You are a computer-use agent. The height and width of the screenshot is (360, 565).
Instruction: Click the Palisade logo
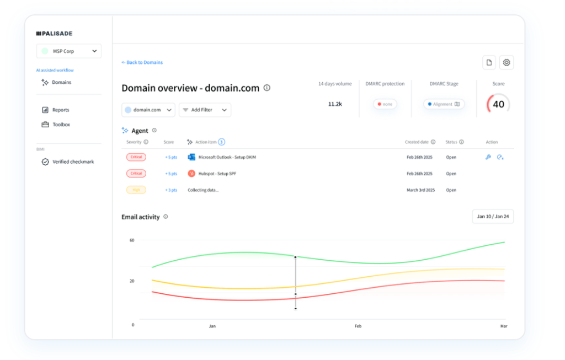[x=54, y=34]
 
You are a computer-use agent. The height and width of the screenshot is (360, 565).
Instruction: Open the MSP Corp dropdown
[x=69, y=51]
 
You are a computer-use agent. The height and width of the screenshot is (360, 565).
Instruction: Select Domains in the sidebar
[x=61, y=82]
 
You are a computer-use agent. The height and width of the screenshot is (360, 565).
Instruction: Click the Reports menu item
[x=60, y=110]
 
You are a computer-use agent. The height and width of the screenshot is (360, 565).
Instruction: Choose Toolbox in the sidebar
[x=61, y=125]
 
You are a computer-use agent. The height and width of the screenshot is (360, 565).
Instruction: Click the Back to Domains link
[x=142, y=63]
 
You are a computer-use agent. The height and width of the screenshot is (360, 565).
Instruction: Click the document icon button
[x=489, y=62]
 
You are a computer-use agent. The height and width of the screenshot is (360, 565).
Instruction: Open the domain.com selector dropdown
[x=148, y=110]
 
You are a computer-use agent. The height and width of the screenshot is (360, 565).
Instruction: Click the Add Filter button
[x=205, y=110]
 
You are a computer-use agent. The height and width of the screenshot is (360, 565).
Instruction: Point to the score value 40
[x=498, y=104]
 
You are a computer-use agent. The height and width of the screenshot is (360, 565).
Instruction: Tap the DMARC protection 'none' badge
[x=385, y=104]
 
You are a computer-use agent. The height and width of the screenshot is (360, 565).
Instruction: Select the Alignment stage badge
[x=444, y=104]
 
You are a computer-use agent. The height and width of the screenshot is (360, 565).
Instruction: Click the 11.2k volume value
[x=335, y=104]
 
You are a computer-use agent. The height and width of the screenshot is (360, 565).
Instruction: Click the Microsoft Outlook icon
[x=191, y=157]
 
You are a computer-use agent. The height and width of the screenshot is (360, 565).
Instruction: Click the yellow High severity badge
[x=136, y=190]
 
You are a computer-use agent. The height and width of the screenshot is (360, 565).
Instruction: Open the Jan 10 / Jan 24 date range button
[x=493, y=217]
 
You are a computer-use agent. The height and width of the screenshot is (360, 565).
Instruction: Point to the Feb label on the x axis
[x=358, y=326]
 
